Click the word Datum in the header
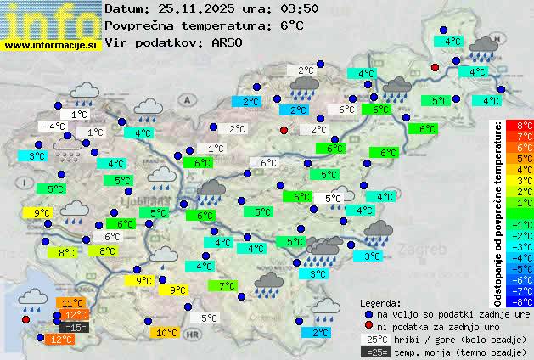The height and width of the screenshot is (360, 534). (x=126, y=8)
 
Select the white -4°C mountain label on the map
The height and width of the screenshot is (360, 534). (x=54, y=127)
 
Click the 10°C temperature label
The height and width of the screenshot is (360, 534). (x=166, y=333)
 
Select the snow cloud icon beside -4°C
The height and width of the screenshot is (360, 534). (x=68, y=148)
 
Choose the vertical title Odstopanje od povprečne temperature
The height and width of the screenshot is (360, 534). (x=500, y=212)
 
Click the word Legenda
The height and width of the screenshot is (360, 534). (x=381, y=303)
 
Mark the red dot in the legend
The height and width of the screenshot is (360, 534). (x=368, y=326)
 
